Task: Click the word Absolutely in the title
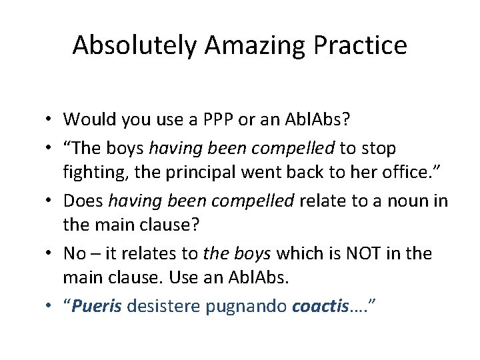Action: tap(134, 45)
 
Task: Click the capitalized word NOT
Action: tap(357, 253)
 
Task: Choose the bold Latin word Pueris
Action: tap(95, 307)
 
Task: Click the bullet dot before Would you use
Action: tap(51, 120)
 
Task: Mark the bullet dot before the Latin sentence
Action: tap(51, 307)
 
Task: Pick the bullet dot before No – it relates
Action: tap(51, 254)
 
